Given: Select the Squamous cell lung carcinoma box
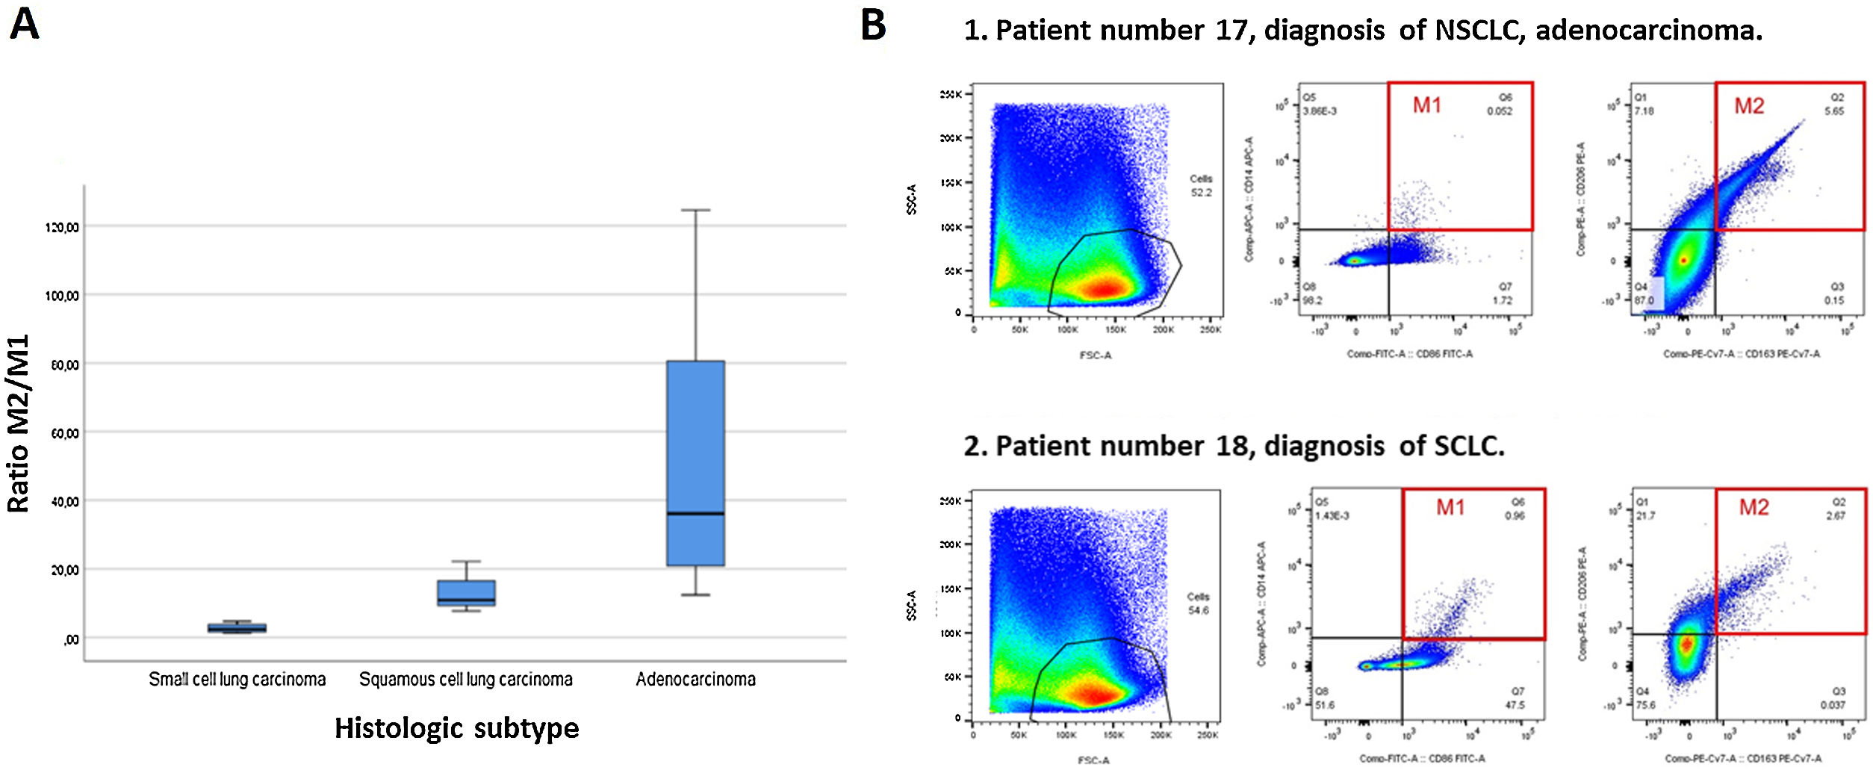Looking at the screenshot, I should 466,592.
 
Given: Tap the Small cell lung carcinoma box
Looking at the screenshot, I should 237,628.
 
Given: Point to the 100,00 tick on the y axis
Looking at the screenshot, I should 62,296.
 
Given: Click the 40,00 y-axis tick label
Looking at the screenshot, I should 64,502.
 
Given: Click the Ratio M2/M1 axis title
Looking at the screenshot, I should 18,423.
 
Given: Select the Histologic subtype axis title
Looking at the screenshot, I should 456,728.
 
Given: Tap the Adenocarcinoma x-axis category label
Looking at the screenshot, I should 695,680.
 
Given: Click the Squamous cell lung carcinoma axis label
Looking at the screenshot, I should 466,680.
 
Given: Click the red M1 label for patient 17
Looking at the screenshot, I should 1426,105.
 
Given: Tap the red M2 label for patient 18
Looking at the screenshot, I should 1754,508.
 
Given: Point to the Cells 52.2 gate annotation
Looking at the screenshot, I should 1201,185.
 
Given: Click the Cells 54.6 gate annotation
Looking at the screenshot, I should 1198,603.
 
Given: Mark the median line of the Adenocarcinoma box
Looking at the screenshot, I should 695,514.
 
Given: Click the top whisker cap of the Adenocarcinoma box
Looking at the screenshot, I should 695,211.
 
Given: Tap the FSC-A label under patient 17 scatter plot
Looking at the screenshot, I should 1096,355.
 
